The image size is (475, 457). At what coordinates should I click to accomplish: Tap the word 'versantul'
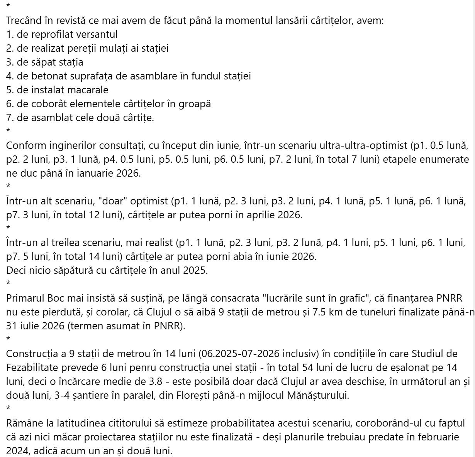click(x=97, y=35)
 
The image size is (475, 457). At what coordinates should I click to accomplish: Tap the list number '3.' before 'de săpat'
click(x=10, y=62)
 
